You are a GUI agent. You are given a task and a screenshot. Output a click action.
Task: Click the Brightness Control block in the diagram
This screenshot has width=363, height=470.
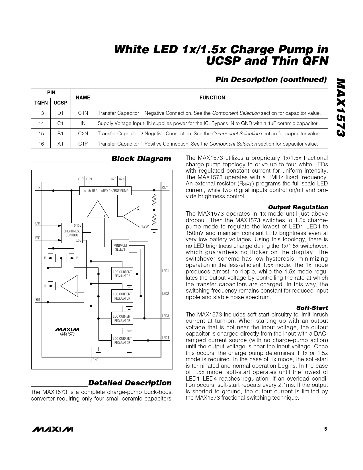(x=72, y=233)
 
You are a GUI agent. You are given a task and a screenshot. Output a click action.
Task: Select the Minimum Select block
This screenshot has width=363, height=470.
(x=120, y=247)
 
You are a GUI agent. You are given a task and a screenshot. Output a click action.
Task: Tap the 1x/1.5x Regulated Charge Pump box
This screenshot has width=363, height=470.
(x=105, y=191)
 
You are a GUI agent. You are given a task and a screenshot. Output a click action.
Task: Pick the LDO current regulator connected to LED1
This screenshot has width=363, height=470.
(x=122, y=274)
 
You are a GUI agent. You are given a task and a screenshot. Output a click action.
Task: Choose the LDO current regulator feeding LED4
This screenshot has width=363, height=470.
(x=122, y=340)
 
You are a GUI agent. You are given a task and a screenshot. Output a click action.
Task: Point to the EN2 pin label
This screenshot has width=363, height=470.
(x=38, y=238)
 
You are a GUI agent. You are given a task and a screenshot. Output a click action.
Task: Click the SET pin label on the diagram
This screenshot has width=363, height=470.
(x=38, y=300)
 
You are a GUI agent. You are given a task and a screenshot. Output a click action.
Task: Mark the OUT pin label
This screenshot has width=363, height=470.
(x=165, y=187)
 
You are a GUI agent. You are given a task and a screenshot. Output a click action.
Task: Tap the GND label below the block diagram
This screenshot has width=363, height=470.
(x=95, y=360)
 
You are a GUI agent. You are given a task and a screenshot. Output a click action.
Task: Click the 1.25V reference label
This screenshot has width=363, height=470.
(x=145, y=226)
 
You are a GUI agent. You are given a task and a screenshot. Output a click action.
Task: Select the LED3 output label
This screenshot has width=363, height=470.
(x=165, y=316)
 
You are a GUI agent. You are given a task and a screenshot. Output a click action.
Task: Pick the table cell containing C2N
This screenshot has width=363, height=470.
(x=83, y=134)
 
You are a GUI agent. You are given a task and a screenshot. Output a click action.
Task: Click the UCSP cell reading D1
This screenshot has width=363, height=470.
(x=61, y=113)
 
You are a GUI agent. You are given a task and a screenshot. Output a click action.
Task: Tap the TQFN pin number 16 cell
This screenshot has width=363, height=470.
(x=41, y=144)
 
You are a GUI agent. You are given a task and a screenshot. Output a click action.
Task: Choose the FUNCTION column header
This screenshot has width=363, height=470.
(x=212, y=98)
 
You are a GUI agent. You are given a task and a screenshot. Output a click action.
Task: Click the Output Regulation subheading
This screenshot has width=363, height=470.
(x=298, y=207)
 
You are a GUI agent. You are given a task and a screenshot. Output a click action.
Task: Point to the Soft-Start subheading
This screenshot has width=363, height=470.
(x=312, y=308)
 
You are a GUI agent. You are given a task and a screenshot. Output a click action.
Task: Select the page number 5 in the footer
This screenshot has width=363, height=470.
(x=326, y=429)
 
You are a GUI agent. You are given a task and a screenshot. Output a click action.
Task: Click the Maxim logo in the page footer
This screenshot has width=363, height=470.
(x=53, y=429)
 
